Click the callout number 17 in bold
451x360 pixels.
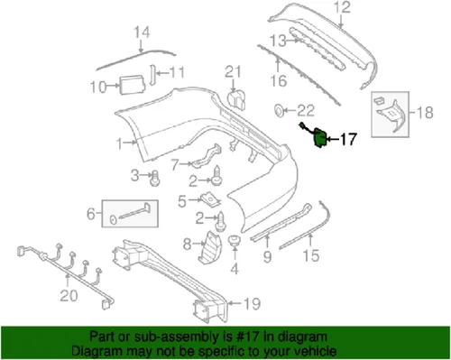tap(347, 140)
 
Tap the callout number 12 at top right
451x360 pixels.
tap(342, 10)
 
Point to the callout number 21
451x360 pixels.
tap(235, 73)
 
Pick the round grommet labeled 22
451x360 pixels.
tap(280, 112)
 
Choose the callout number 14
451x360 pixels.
tap(140, 35)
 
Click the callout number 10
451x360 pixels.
tap(97, 88)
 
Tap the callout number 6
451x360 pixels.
tap(89, 216)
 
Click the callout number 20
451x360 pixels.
tap(69, 294)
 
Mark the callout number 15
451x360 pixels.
tap(310, 257)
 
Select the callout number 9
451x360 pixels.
tap(267, 256)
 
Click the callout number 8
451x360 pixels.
tap(187, 244)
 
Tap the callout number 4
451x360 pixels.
tap(235, 268)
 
